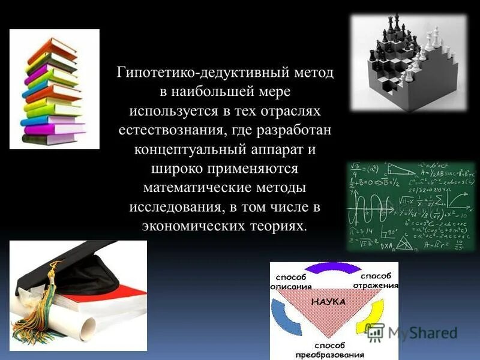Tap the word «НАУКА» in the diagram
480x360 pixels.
(x=328, y=302)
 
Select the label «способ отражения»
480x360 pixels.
(x=377, y=280)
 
